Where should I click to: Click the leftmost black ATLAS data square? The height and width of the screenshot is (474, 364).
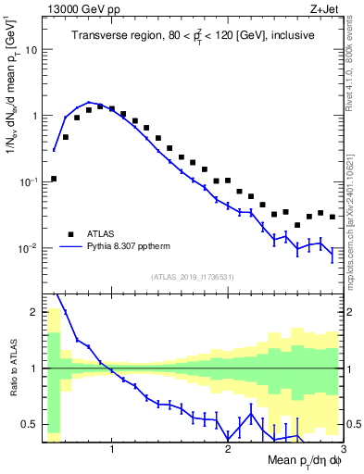click(x=54, y=179)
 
